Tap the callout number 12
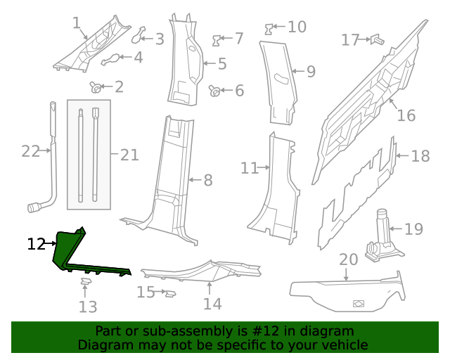[36, 245]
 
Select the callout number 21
[129, 153]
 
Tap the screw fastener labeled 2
[95, 87]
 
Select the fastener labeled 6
[215, 90]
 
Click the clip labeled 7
[219, 39]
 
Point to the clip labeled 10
[269, 28]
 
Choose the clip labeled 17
[377, 39]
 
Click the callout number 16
[406, 115]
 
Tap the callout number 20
[349, 259]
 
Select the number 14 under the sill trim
[212, 303]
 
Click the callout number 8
[207, 181]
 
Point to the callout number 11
[250, 168]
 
